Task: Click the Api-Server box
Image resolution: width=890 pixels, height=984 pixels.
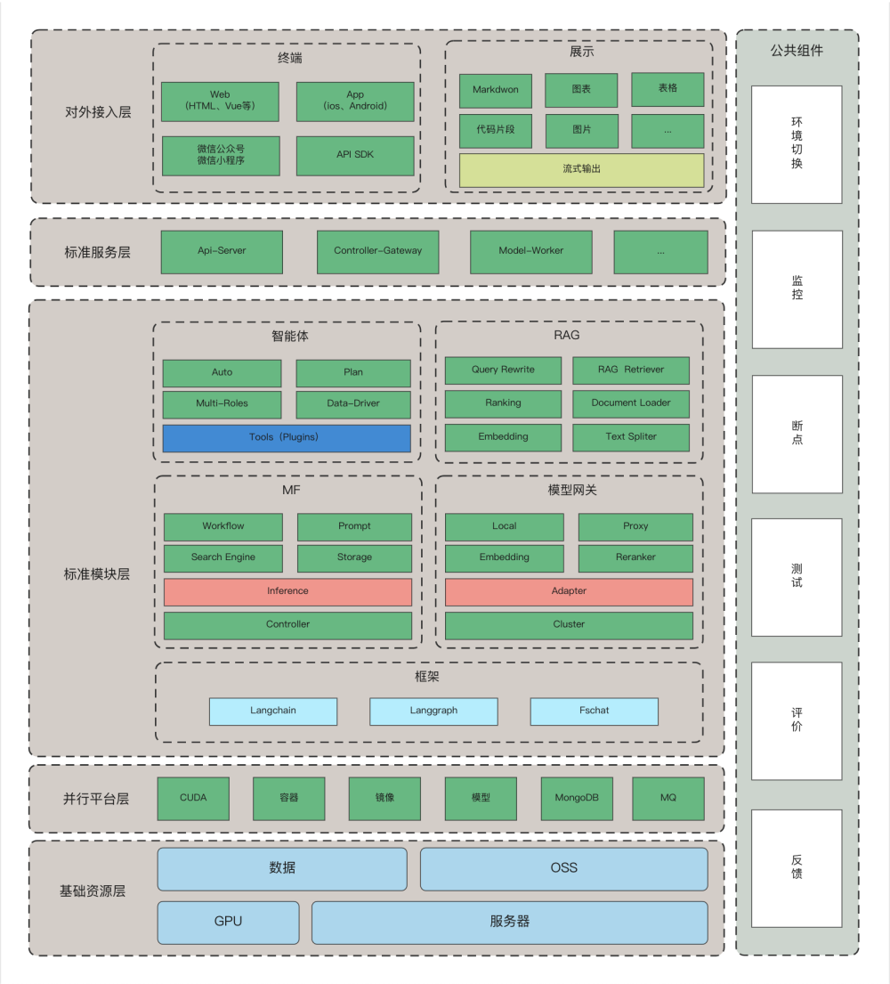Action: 222,252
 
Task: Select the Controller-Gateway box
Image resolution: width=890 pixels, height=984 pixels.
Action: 378,252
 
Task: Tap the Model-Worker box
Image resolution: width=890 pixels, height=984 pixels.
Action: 530,252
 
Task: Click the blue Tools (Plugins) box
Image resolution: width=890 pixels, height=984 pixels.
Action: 287,438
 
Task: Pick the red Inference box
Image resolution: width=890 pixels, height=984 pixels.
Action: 287,591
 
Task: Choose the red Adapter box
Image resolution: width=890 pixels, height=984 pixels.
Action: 569,591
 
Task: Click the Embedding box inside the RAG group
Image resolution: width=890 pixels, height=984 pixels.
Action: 503,437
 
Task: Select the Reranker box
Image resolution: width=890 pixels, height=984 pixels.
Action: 635,558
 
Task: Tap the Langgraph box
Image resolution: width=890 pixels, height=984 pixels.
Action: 433,712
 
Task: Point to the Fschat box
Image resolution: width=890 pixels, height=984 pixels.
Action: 594,712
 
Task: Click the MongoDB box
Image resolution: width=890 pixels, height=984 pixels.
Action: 577,799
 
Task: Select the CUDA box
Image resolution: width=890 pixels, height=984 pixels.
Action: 193,799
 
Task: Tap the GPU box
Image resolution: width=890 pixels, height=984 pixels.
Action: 228,923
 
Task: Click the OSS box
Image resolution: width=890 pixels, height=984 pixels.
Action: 563,868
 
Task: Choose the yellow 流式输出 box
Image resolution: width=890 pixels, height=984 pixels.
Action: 581,169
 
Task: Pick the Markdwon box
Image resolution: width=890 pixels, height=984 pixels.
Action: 495,91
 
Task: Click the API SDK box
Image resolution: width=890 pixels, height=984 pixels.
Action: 354,156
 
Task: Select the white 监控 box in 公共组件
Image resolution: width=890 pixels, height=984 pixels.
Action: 797,289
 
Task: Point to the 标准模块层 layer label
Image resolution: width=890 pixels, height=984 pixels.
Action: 97,574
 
